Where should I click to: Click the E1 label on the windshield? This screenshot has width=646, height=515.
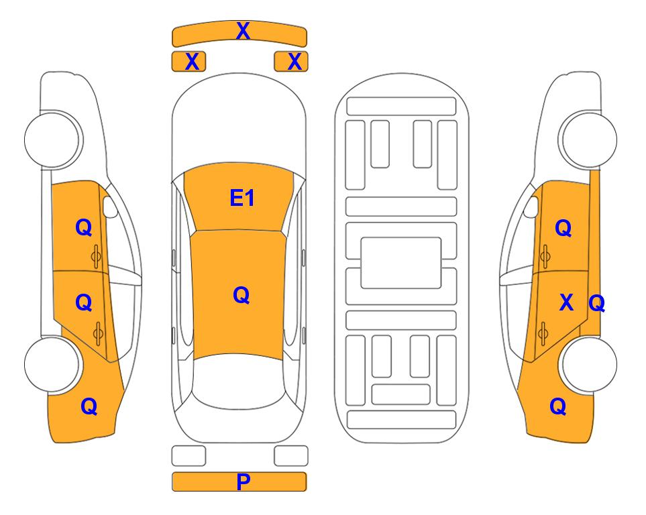[x=242, y=198]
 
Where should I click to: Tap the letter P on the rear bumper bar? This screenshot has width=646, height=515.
[x=243, y=481]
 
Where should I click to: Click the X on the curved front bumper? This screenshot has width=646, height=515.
[x=243, y=31]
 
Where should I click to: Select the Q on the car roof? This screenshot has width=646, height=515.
[x=241, y=295]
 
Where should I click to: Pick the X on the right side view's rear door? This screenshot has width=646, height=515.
[x=566, y=302]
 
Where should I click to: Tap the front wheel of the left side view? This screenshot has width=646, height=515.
[x=53, y=139]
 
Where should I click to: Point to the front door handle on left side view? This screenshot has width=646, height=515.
[x=97, y=256]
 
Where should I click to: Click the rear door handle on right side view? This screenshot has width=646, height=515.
[x=543, y=333]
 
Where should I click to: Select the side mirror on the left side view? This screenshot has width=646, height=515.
[x=110, y=207]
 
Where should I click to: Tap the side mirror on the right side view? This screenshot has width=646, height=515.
[x=531, y=207]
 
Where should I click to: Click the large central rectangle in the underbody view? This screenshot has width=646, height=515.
[x=401, y=263]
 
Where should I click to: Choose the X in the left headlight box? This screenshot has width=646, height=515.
[x=192, y=62]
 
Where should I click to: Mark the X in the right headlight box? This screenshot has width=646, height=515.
[x=294, y=62]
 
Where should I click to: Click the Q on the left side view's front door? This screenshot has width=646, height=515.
[x=84, y=227]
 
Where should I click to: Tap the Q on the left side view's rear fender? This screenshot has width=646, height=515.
[x=89, y=406]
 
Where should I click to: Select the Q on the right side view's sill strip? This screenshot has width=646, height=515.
[x=596, y=303]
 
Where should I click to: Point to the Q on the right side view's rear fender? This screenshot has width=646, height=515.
[x=558, y=406]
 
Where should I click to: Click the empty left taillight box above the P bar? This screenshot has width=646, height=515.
[x=189, y=456]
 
